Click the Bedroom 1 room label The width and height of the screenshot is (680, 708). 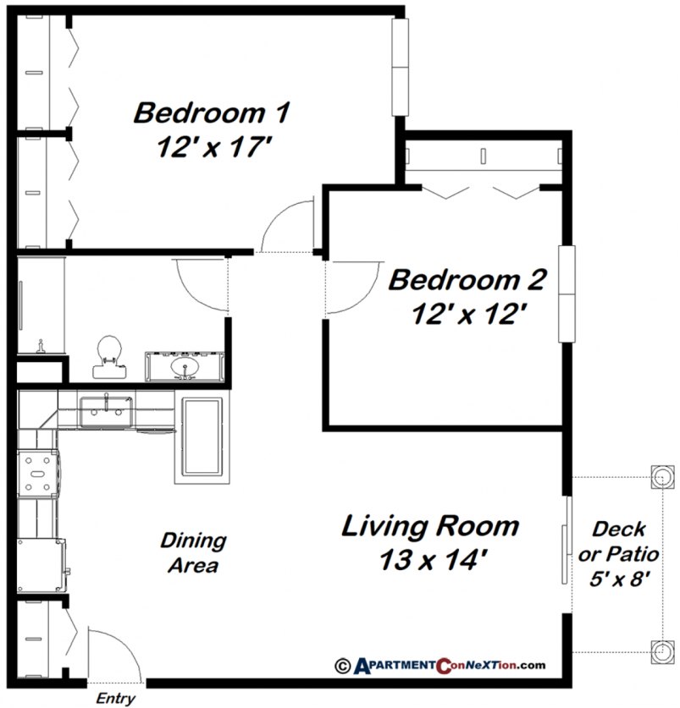click(x=212, y=113)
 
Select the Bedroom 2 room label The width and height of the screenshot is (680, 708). click(x=467, y=280)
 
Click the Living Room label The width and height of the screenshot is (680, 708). click(x=429, y=526)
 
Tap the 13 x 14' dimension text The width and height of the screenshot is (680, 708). click(x=429, y=559)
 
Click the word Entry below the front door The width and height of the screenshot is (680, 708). click(x=116, y=699)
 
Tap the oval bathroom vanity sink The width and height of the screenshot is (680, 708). click(x=184, y=367)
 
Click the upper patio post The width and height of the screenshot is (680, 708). click(x=661, y=477)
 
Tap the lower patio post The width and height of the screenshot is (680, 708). click(x=661, y=651)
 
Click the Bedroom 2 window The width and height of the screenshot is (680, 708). click(x=566, y=294)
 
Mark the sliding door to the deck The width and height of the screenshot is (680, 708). click(x=565, y=550)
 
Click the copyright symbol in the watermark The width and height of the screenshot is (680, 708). click(x=343, y=666)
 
